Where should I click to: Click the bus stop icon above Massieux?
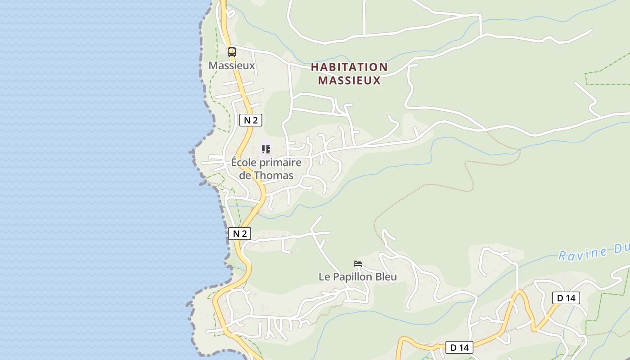click(x=231, y=52)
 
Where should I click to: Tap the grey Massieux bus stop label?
click(x=231, y=66)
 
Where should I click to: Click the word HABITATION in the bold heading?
click(x=349, y=67)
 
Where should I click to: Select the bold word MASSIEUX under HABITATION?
click(x=349, y=81)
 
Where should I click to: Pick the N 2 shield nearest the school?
click(x=250, y=120)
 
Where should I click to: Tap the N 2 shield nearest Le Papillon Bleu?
click(x=239, y=234)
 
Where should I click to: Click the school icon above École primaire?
click(x=266, y=149)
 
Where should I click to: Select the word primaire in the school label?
click(x=280, y=162)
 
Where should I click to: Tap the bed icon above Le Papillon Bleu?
click(x=358, y=264)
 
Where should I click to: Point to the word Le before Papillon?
click(x=324, y=277)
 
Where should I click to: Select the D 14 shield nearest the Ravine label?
click(x=566, y=298)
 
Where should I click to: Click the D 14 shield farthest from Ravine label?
click(x=459, y=347)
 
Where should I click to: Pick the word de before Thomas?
click(x=245, y=175)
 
